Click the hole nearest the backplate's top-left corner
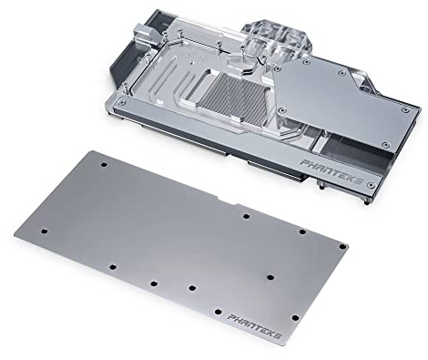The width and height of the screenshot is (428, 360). tap(104, 164)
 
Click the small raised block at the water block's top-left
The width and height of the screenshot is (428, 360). tap(142, 34)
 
